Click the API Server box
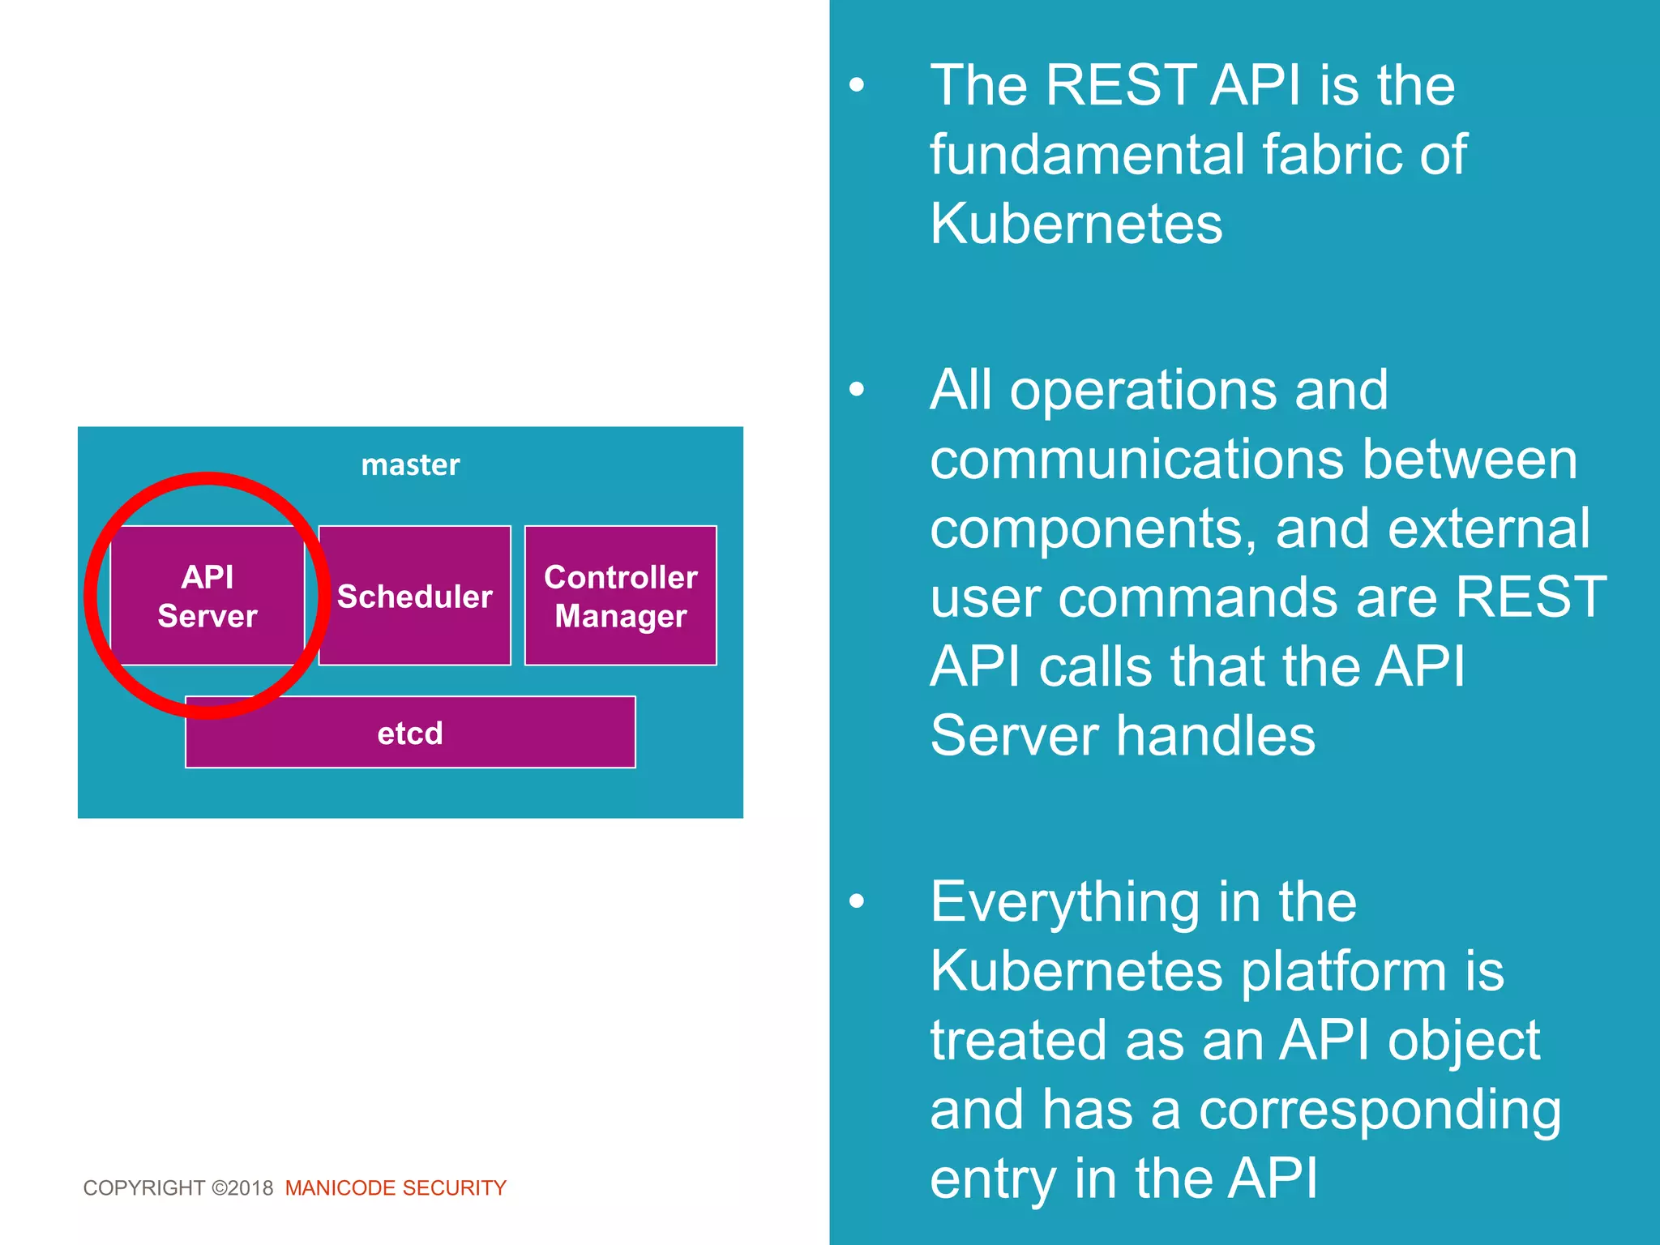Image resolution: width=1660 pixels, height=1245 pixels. click(207, 596)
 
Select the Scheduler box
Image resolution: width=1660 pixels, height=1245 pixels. click(414, 596)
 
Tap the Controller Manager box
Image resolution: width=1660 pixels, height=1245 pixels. click(620, 596)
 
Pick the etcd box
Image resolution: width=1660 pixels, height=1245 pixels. click(410, 733)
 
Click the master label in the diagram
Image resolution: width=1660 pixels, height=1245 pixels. click(410, 464)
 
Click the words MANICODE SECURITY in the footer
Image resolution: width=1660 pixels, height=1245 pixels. click(396, 1187)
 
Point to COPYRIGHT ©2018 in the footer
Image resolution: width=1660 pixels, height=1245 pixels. click(178, 1187)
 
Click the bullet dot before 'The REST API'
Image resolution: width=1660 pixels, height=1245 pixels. click(857, 85)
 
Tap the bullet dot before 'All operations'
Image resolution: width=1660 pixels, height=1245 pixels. click(857, 390)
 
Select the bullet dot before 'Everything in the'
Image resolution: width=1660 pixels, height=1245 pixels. click(857, 901)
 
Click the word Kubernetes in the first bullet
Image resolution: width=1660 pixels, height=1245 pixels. click(1076, 223)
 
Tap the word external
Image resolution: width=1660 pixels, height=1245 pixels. click(1488, 528)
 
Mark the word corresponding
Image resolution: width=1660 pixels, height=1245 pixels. click(1380, 1110)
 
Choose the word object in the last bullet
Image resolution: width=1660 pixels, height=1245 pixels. click(1463, 1041)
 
